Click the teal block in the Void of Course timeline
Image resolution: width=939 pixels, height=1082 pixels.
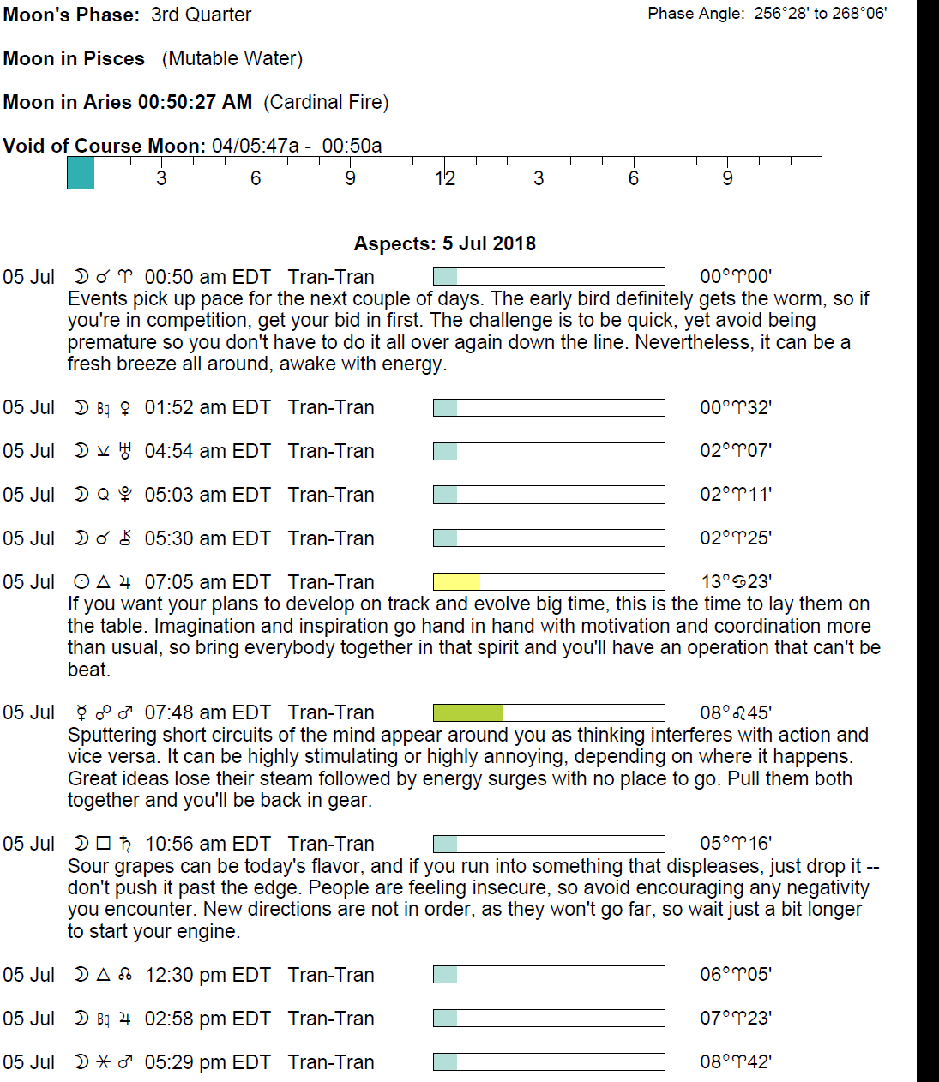point(81,173)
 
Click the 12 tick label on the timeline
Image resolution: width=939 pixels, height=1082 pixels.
point(444,178)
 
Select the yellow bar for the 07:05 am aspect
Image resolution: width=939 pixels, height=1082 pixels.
point(456,582)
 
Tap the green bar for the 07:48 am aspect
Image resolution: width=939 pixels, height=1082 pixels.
point(468,712)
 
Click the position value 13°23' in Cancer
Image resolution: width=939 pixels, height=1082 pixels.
point(736,582)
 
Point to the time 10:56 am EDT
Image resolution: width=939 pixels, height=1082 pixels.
point(208,844)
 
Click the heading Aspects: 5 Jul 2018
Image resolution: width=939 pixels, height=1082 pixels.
point(444,243)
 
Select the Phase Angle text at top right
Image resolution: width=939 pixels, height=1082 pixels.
point(767,13)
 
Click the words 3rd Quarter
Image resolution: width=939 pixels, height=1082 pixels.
point(201,15)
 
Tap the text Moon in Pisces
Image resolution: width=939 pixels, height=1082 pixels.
point(74,58)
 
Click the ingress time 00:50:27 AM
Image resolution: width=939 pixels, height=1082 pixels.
point(195,102)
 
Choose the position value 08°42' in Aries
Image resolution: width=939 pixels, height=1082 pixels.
point(736,1061)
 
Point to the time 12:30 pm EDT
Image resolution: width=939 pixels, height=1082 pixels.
point(208,975)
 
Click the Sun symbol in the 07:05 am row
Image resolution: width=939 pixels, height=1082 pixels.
point(81,582)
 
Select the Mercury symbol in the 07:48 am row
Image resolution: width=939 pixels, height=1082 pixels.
point(82,712)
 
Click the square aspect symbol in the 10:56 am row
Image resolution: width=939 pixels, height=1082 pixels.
point(104,844)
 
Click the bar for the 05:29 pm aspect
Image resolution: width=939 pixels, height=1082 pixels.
point(549,1061)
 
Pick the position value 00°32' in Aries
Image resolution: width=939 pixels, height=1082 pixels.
point(736,407)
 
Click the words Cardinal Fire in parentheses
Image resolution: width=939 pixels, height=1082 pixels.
point(326,102)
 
